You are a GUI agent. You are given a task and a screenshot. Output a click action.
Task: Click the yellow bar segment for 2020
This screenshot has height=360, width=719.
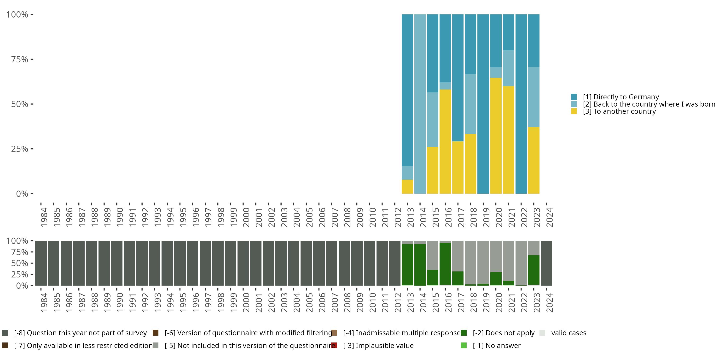(496, 136)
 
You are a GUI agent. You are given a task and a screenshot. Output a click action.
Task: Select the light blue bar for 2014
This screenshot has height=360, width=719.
(420, 104)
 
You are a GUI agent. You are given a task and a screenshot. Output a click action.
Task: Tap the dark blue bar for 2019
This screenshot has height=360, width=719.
(483, 104)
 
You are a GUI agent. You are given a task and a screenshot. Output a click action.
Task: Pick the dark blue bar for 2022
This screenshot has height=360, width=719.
(521, 104)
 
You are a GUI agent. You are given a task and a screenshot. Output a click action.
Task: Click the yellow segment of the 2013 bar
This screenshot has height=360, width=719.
(407, 187)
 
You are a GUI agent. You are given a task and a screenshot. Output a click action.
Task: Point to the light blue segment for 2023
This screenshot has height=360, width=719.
(533, 97)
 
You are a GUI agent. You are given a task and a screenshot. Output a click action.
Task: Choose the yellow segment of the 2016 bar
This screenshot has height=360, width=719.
(445, 141)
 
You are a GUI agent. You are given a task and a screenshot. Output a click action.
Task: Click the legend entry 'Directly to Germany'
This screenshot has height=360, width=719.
(621, 97)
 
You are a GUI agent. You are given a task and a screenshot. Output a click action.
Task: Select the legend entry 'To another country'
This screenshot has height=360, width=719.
(619, 112)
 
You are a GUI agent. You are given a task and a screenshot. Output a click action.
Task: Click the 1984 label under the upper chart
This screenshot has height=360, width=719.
(44, 217)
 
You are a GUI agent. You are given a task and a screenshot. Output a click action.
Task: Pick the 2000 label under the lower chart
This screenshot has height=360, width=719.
(246, 302)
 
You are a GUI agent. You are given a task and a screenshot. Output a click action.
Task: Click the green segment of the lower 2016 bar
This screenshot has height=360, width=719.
(445, 264)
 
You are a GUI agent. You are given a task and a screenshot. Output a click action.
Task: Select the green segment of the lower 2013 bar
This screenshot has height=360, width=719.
(407, 265)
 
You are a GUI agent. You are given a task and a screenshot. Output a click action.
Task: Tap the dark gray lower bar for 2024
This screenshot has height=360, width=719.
(546, 263)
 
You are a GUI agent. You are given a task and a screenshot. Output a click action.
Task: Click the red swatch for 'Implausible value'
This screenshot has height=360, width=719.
(334, 345)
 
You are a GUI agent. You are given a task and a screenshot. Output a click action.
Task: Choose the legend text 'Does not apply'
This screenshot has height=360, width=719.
(504, 333)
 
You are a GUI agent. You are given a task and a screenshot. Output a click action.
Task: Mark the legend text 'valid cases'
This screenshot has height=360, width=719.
(568, 333)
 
